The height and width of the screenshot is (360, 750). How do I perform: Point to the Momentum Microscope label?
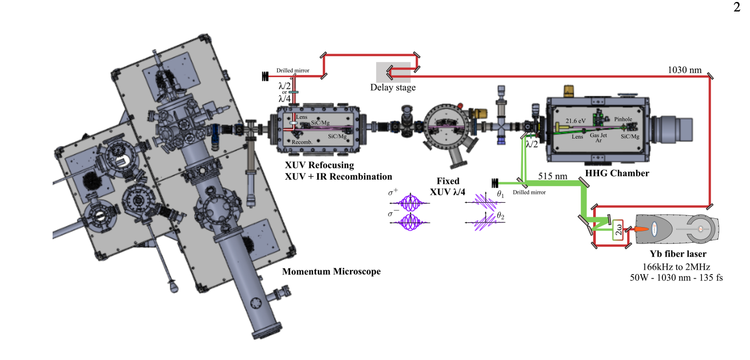click(x=331, y=271)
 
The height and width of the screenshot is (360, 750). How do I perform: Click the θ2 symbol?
click(x=501, y=215)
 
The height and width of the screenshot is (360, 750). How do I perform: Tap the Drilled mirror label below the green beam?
click(x=529, y=192)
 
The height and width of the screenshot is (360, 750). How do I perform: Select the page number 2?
click(x=736, y=8)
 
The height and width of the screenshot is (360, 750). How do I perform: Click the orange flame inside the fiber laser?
click(x=642, y=229)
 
